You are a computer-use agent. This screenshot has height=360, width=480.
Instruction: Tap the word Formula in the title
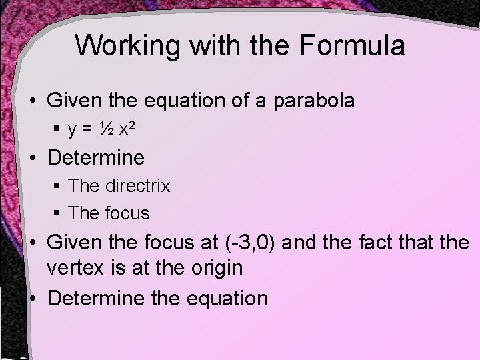point(352,46)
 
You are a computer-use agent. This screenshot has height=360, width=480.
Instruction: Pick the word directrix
point(138,186)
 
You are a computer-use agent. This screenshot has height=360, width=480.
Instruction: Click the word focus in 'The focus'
point(128,213)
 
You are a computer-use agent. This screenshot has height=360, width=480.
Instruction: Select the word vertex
point(76,269)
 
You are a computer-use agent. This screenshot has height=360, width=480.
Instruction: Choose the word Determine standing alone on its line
point(96,158)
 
